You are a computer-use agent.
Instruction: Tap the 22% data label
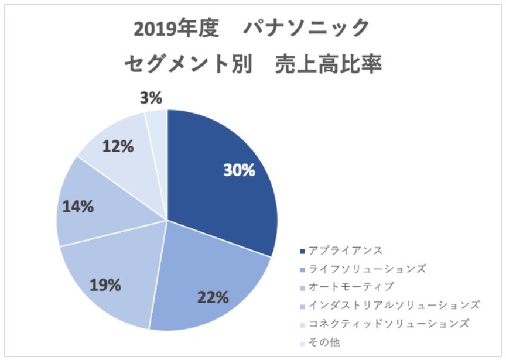point(212,297)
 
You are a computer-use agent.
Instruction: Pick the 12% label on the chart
point(118,146)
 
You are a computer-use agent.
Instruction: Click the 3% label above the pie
point(151,98)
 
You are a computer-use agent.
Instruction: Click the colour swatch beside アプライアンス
point(302,251)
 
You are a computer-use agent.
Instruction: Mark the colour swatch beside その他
point(302,342)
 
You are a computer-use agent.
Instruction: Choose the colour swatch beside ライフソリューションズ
point(302,269)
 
